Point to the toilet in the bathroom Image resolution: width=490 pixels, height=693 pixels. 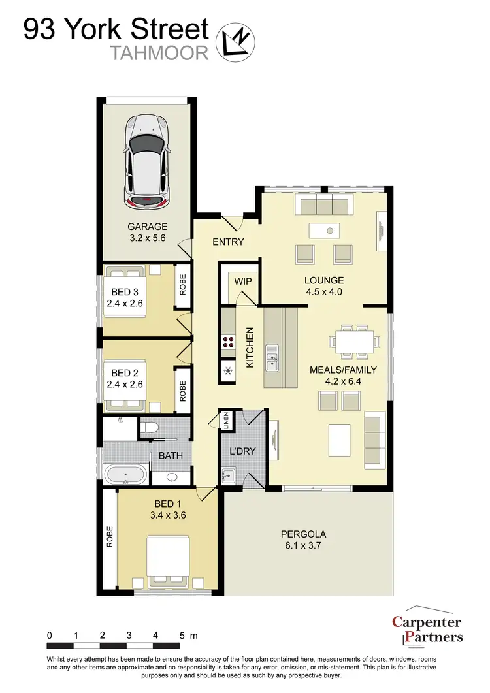coord(150,428)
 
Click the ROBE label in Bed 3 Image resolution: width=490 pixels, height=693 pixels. coord(183,285)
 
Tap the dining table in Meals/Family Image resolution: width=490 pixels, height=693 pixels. coord(354,340)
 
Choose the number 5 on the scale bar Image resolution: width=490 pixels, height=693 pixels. coord(182,635)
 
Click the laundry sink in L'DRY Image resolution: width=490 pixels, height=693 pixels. coord(228,475)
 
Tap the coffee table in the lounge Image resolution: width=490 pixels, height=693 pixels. coord(325,230)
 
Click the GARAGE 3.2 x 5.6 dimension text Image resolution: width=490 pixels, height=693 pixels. coord(147,233)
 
